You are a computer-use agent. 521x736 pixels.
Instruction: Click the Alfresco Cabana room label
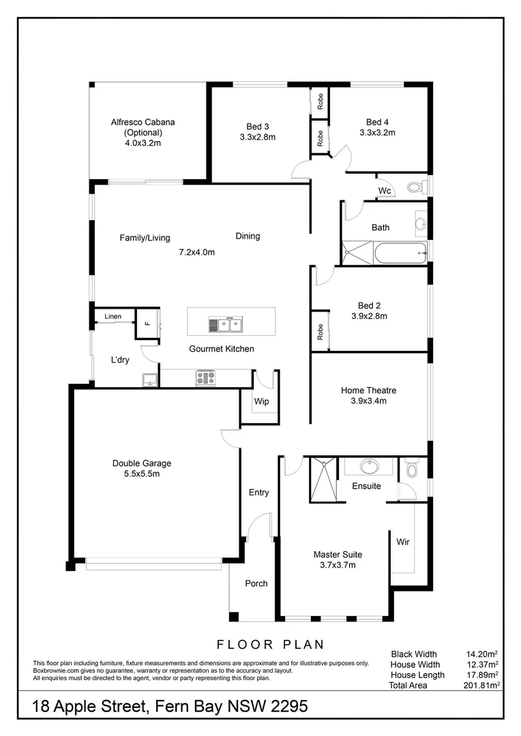[143, 123]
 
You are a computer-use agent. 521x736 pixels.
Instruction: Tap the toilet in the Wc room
[414, 187]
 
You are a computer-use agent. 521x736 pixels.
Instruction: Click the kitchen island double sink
[226, 325]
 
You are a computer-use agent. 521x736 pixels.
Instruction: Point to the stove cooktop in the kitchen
[205, 378]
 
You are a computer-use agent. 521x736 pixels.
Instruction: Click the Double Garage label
[142, 463]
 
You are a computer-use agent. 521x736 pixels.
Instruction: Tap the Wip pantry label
[261, 401]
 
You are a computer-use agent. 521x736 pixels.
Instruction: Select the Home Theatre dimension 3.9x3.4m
[368, 401]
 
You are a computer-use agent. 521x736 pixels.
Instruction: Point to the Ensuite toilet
[411, 469]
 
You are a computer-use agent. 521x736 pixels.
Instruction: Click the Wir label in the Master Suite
[403, 542]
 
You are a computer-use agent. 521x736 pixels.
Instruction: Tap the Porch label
[256, 583]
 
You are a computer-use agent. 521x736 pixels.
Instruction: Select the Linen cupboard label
[113, 317]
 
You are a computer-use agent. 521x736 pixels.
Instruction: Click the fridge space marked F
[147, 324]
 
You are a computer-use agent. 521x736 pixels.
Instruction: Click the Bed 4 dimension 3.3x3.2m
[377, 133]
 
